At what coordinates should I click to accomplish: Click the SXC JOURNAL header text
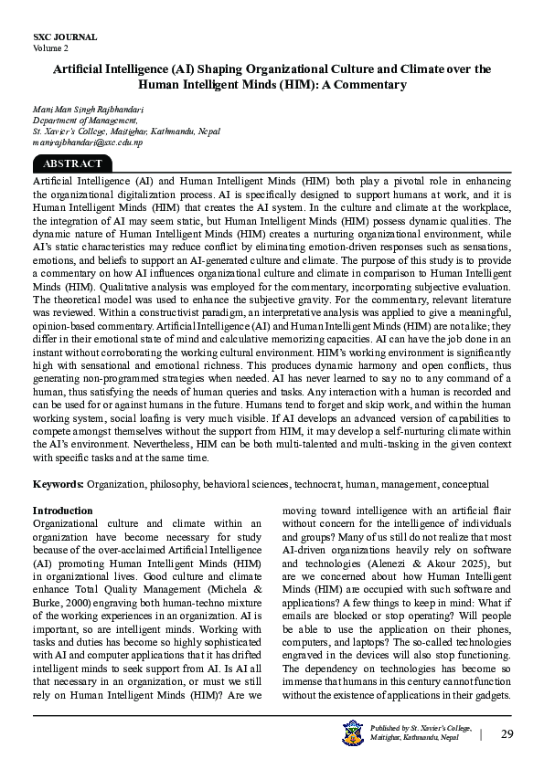pyautogui.click(x=64, y=37)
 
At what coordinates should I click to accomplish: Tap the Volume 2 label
pyautogui.click(x=50, y=47)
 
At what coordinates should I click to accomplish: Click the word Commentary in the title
pyautogui.click(x=368, y=85)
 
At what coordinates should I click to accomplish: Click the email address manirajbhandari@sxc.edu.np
pyautogui.click(x=87, y=142)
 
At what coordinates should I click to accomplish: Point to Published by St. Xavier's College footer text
pyautogui.click(x=421, y=728)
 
